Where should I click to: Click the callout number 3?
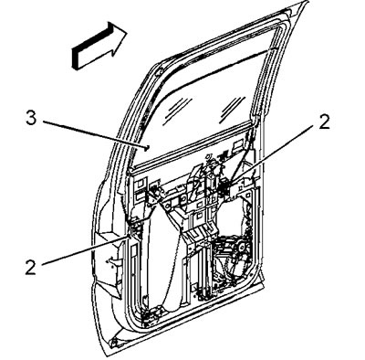click(x=31, y=118)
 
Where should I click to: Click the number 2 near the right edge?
click(x=325, y=122)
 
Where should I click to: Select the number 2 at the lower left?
click(x=30, y=268)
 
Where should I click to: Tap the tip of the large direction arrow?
click(x=127, y=33)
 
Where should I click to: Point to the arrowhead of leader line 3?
click(x=148, y=148)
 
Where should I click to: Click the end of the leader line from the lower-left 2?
click(x=130, y=237)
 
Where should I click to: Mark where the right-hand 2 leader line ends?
click(x=231, y=182)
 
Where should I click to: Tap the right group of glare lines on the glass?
click(x=232, y=109)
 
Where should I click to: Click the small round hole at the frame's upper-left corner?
click(x=158, y=73)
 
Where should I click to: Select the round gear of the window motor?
click(x=243, y=247)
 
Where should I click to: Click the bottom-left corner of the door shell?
click(x=109, y=354)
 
